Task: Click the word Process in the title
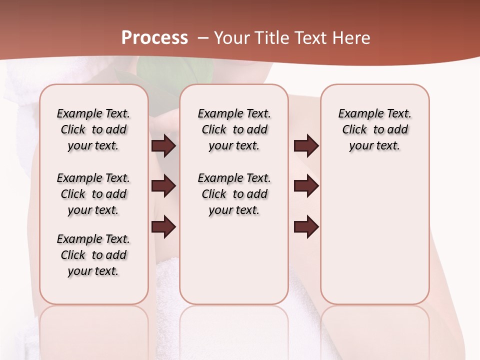coord(154,38)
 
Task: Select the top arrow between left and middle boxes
coord(163,146)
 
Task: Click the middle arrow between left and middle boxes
coord(163,186)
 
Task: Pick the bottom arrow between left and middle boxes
coord(163,226)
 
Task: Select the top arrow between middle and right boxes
coord(306,146)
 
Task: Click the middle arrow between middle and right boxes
coord(306,186)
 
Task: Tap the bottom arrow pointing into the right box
coord(306,226)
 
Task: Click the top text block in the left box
coord(93,129)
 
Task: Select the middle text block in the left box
coord(93,194)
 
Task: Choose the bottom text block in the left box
coord(93,255)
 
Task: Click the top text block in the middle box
coord(234,129)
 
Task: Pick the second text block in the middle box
coord(234,194)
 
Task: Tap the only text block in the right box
coord(375,129)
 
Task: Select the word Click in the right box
coord(354,130)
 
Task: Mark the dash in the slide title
coord(203,38)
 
